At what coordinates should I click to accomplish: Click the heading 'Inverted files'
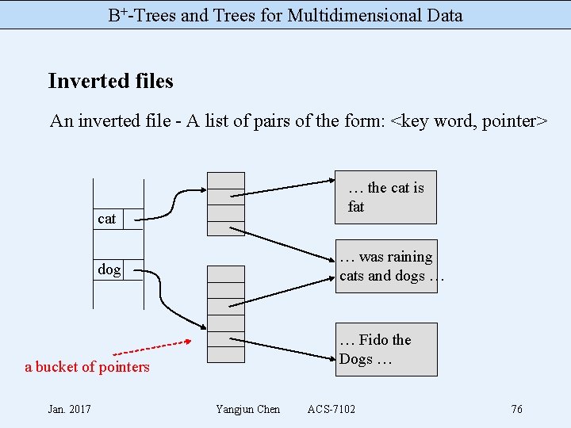coord(110,81)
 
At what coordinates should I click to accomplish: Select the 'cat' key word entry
coord(106,219)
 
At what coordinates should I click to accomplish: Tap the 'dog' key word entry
coord(109,269)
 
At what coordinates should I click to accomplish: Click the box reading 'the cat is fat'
coord(385,197)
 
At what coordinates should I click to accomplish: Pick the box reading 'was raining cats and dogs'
coord(385,266)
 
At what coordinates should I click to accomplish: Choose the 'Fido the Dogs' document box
coord(385,350)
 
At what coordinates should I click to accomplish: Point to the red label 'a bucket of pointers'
coord(87,367)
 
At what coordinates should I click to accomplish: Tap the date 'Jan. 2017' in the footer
coord(69,409)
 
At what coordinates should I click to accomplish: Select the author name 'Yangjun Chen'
coord(247,409)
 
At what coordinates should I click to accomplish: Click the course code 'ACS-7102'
coord(331,409)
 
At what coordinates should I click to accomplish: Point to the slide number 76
coord(516,409)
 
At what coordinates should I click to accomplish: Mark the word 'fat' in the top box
coord(356,207)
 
